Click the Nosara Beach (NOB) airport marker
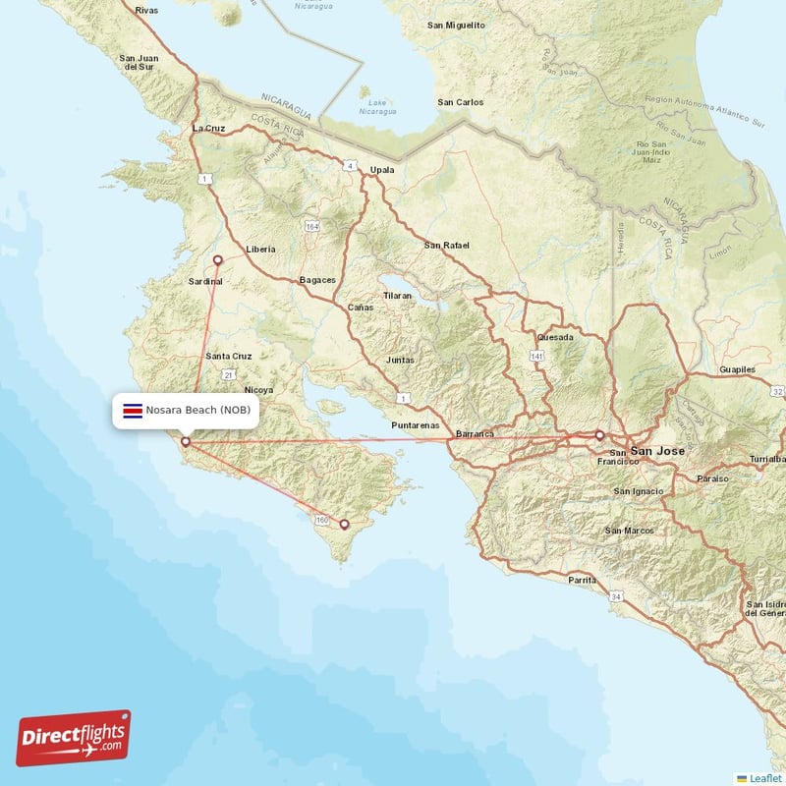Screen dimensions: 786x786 pos(186,442)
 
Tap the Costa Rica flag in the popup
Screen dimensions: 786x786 pos(132,409)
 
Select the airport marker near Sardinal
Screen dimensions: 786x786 pos(218,260)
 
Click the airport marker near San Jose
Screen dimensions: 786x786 pos(599,434)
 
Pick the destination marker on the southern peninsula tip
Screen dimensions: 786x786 pos(344,525)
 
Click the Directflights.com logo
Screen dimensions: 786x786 pos(74,738)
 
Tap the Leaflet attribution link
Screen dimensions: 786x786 pos(765,778)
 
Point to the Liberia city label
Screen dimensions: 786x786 pos(260,250)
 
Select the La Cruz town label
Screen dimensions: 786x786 pos(209,128)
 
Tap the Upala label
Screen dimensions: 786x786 pos(381,170)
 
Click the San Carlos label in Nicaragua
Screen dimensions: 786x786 pos(460,102)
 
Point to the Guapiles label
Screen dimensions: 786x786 pos(737,369)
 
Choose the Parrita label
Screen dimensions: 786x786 pos(582,581)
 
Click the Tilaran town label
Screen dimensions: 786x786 pos(398,295)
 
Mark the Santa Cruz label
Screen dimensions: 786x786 pos(229,356)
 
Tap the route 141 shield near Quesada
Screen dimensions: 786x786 pos(536,355)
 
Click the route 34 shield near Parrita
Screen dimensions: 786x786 pos(616,596)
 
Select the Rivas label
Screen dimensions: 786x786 pos(146,10)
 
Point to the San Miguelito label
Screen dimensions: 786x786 pos(456,24)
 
